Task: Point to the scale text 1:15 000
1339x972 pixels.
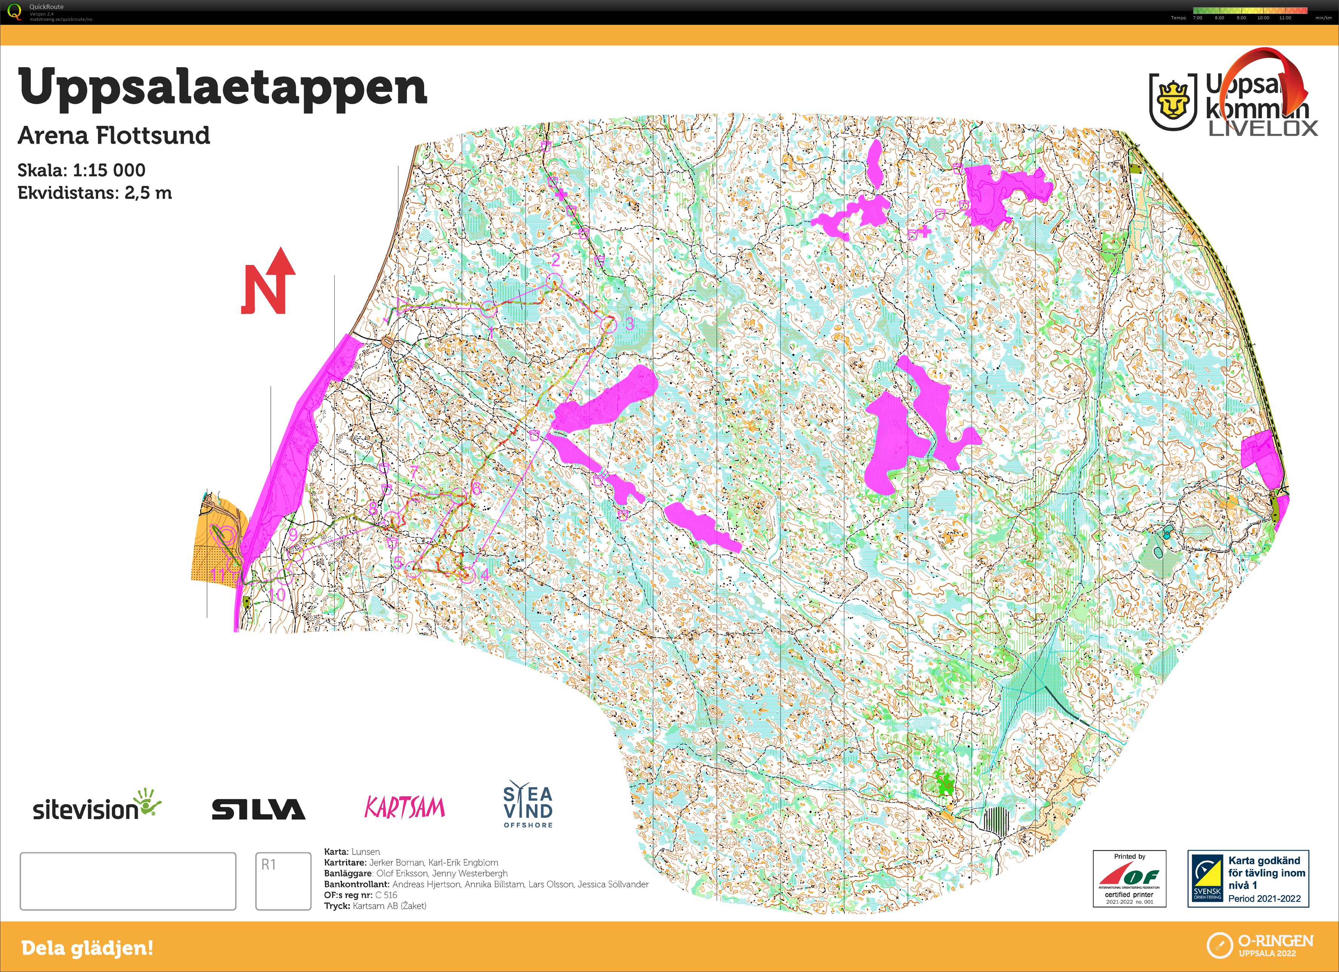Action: [109, 170]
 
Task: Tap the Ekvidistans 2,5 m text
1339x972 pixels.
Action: [94, 193]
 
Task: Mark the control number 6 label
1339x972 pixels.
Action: [476, 489]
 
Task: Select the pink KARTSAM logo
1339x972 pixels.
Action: [405, 807]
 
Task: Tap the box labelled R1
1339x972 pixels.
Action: [283, 881]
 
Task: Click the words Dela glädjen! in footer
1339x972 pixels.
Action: [87, 948]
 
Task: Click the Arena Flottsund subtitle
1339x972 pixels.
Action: [114, 135]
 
